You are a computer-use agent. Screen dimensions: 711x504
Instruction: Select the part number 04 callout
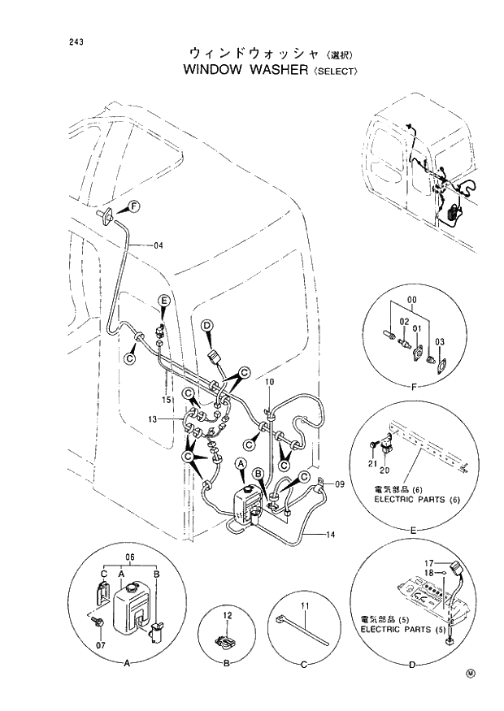pos(158,245)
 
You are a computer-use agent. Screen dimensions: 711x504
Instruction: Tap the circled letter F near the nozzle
pos(133,204)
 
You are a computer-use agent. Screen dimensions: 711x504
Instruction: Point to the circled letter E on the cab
pos(163,301)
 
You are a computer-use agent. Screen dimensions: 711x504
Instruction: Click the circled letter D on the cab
pos(207,326)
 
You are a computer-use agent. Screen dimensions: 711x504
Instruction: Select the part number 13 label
pos(152,418)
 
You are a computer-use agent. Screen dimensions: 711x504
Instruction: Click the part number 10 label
pos(270,381)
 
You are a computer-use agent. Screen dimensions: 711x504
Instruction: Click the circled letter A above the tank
pos(241,464)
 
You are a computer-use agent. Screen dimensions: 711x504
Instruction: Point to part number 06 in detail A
pos(128,557)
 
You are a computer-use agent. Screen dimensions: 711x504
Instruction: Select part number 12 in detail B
pos(228,615)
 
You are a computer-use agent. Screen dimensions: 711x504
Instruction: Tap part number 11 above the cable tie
pos(304,605)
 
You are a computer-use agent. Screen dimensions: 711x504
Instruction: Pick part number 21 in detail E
pos(372,463)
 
